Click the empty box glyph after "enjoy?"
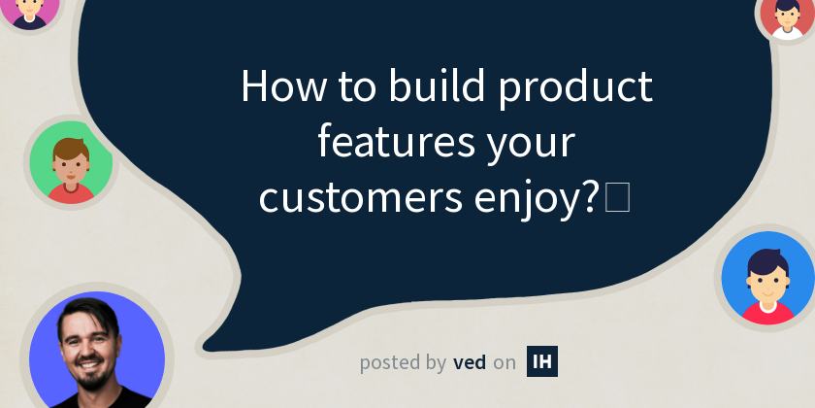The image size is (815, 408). pyautogui.click(x=617, y=198)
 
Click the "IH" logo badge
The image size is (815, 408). pyautogui.click(x=542, y=361)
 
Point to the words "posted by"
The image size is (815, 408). pyautogui.click(x=403, y=363)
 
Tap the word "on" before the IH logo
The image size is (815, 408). pyautogui.click(x=505, y=363)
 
